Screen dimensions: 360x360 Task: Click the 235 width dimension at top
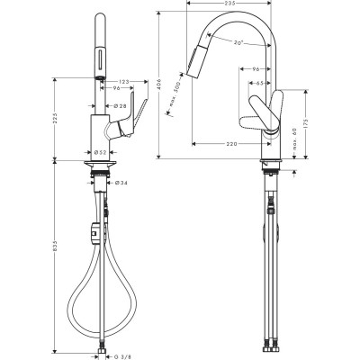[x=229, y=4]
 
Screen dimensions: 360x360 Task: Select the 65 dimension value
[x=262, y=82]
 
